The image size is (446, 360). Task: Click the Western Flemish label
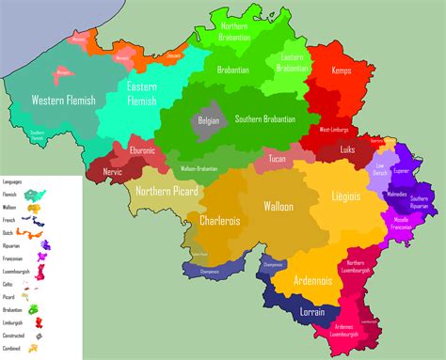(63, 101)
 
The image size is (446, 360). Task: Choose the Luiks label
(347, 149)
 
